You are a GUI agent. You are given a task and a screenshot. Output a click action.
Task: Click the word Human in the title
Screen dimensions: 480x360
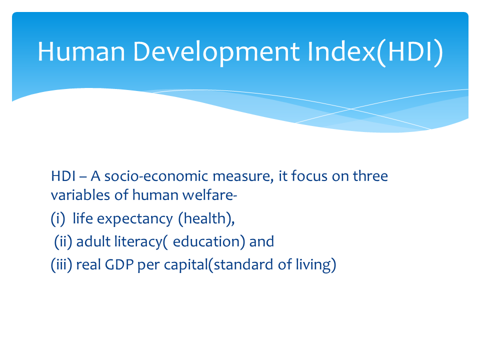pos(81,51)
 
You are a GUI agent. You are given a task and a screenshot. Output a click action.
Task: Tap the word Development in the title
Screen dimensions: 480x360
pos(216,52)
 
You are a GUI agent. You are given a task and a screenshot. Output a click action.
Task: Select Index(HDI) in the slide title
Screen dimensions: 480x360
pos(375,52)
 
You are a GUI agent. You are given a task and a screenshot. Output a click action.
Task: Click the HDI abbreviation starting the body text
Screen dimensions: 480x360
pos(63,176)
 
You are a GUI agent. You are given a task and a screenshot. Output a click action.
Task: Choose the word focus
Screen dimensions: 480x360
pos(309,175)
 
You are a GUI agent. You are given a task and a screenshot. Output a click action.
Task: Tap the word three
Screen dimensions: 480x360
pos(370,175)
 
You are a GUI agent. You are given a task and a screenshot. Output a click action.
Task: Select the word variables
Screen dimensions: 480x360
pos(80,195)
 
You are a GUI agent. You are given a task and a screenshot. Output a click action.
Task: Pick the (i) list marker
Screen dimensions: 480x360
pos(58,218)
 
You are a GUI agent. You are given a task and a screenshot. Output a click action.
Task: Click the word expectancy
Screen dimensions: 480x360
pos(134,219)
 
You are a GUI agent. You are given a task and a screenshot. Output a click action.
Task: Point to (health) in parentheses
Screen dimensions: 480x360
pos(206,218)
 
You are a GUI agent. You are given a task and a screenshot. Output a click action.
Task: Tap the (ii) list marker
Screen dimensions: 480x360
pos(63,241)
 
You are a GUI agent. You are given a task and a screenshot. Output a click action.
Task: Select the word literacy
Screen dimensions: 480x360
pos(138,242)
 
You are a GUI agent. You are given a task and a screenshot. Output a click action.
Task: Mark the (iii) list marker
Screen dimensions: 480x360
pos(61,264)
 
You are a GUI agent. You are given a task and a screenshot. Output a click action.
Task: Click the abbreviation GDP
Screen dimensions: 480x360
pos(119,265)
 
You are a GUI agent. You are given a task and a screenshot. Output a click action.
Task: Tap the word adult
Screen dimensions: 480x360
pos(93,241)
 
